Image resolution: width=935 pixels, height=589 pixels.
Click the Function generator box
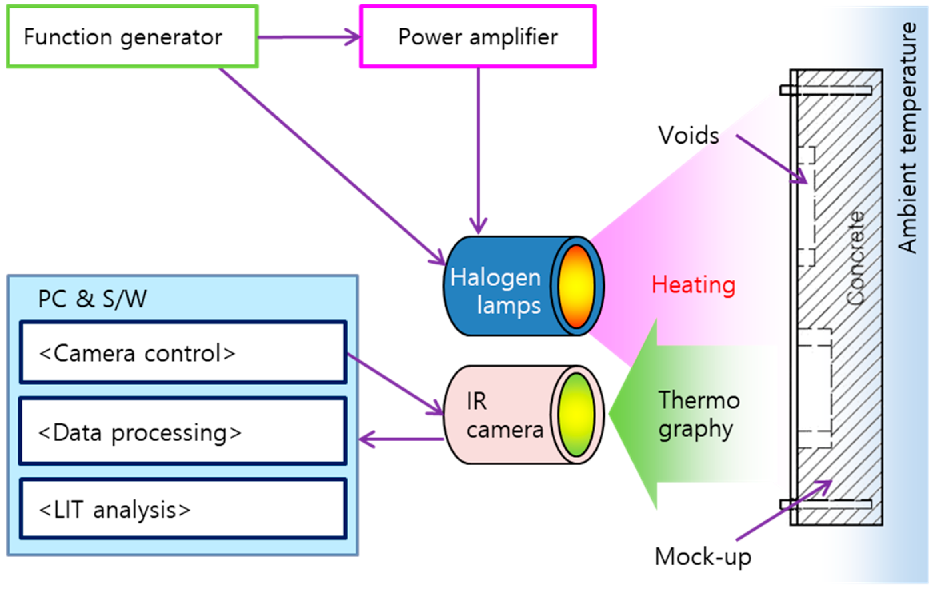[132, 37]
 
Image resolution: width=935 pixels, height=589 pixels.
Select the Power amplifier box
[477, 37]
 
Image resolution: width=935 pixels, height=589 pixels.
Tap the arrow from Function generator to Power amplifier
[308, 37]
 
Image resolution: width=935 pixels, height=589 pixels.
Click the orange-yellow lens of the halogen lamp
[576, 287]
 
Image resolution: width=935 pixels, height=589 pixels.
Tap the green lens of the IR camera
[576, 415]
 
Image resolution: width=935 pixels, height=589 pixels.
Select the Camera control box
[183, 353]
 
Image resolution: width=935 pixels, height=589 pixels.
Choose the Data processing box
[183, 432]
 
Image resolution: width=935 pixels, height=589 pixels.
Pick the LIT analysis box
[183, 509]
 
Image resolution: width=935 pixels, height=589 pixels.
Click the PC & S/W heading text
[92, 299]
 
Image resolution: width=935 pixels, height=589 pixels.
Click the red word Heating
[693, 285]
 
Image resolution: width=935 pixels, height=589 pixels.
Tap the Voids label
[689, 135]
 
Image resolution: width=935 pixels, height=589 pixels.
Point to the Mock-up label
[703, 557]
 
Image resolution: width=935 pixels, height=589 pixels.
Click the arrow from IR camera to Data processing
[400, 439]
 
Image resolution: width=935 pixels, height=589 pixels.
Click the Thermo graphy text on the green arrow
[698, 415]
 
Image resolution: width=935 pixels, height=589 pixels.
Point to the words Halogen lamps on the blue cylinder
[496, 291]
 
